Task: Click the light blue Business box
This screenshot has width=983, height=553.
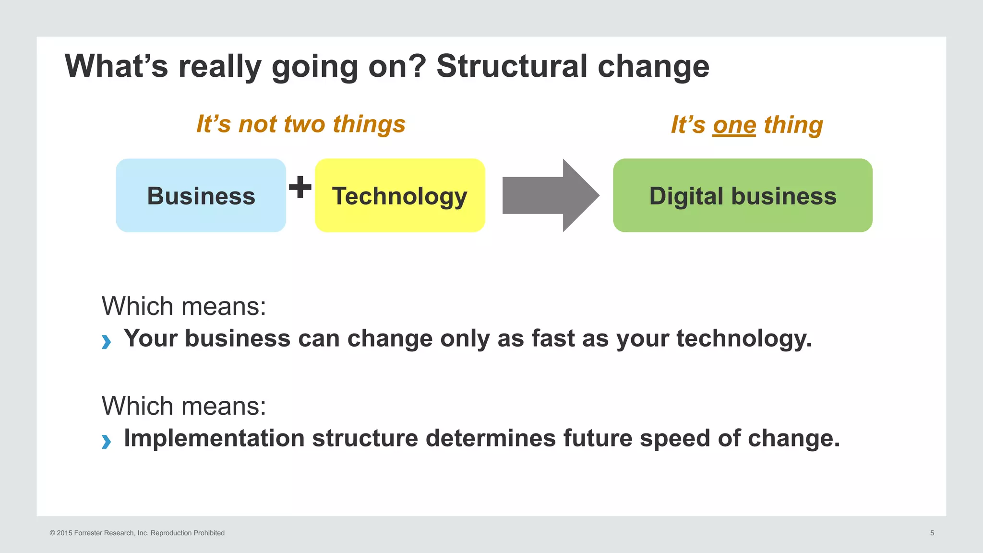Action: pyautogui.click(x=201, y=196)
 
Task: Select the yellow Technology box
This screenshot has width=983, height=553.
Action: pyautogui.click(x=399, y=196)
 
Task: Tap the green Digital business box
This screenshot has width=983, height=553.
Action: pyautogui.click(x=742, y=196)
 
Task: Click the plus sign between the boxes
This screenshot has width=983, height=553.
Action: pyautogui.click(x=300, y=187)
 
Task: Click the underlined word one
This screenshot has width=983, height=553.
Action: pyautogui.click(x=734, y=125)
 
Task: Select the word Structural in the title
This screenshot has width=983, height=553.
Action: pyautogui.click(x=512, y=66)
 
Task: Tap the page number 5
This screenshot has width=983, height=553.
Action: pyautogui.click(x=932, y=533)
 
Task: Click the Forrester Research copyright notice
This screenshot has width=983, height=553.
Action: pyautogui.click(x=137, y=533)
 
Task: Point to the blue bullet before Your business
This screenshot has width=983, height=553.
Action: pyautogui.click(x=106, y=342)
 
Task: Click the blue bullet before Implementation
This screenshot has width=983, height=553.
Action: pyautogui.click(x=106, y=441)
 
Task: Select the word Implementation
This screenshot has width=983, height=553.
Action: pyautogui.click(x=214, y=438)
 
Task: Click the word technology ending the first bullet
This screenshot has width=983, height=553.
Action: pyautogui.click(x=743, y=338)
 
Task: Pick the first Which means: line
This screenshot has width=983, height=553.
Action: pyautogui.click(x=184, y=306)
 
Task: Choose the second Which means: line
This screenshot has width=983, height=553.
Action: pyautogui.click(x=184, y=406)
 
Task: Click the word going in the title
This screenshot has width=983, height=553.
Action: pyautogui.click(x=314, y=66)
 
